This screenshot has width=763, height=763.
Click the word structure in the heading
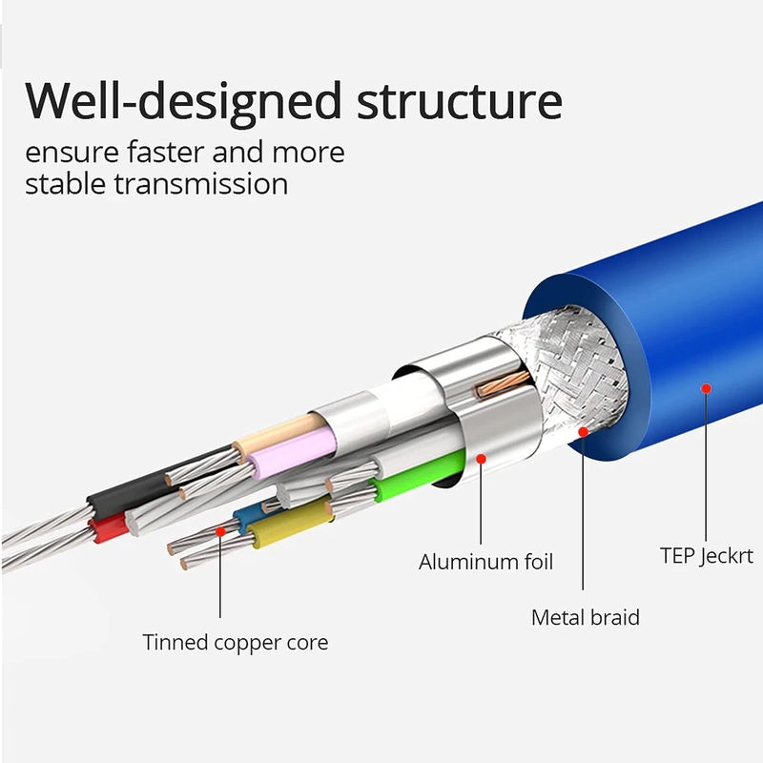pyautogui.click(x=460, y=102)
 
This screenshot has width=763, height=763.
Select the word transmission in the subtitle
pyautogui.click(x=201, y=184)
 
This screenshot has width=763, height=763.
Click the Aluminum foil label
pyautogui.click(x=485, y=562)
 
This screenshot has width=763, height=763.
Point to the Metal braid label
pyautogui.click(x=586, y=617)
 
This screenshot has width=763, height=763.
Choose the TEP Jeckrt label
pyautogui.click(x=707, y=556)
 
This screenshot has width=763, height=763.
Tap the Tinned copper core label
pyautogui.click(x=236, y=643)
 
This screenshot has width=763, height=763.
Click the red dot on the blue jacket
pyautogui.click(x=706, y=388)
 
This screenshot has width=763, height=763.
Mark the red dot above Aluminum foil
pyautogui.click(x=482, y=459)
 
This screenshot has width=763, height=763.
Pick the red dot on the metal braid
pyautogui.click(x=583, y=432)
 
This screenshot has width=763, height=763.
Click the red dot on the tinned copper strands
pyautogui.click(x=220, y=531)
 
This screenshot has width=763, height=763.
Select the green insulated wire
pyautogui.click(x=419, y=475)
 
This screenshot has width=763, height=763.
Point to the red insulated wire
pyautogui.click(x=109, y=529)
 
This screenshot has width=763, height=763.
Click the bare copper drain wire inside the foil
pyautogui.click(x=503, y=384)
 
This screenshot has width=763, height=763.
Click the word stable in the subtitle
pyautogui.click(x=66, y=184)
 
